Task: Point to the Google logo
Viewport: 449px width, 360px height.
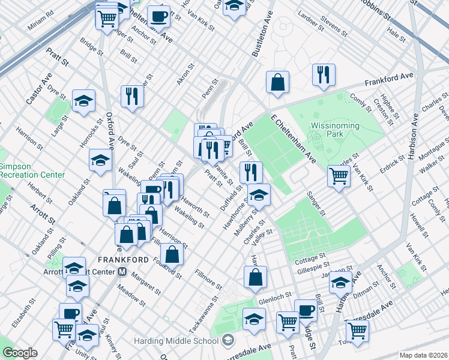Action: point(20,353)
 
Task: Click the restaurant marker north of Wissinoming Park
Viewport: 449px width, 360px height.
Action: point(324,74)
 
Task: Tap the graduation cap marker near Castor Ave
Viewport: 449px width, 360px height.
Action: point(83,101)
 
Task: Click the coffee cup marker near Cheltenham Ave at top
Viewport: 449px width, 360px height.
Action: point(158,16)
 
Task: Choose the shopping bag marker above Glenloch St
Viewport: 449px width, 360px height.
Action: point(255,277)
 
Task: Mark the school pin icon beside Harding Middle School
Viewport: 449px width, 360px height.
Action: point(228,341)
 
